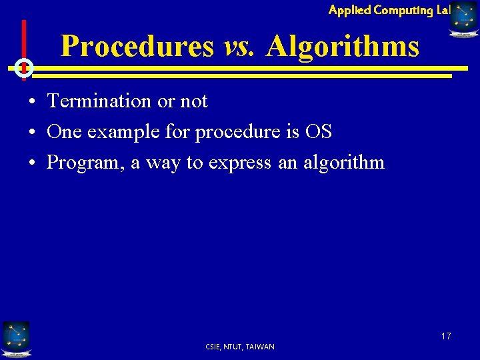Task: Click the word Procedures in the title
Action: (137, 47)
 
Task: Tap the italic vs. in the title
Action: (239, 47)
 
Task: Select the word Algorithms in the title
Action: (343, 47)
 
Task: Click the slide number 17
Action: (445, 336)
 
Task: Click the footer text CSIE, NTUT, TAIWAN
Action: (240, 347)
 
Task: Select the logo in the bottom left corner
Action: (15, 339)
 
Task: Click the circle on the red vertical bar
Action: (24, 67)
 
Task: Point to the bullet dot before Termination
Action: (32, 102)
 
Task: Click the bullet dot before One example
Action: (32, 133)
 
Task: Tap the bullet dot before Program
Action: (32, 163)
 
